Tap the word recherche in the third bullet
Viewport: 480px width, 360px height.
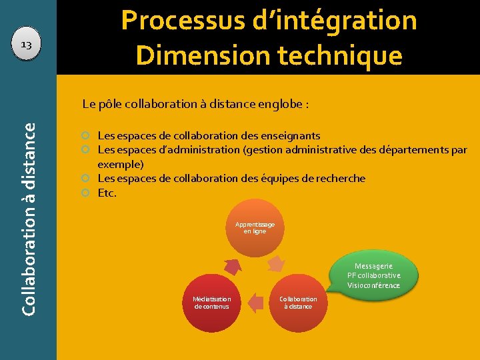click(337, 178)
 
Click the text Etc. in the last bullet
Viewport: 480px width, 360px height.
click(107, 193)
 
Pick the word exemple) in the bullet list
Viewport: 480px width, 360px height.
click(121, 164)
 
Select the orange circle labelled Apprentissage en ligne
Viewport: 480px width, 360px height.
click(255, 227)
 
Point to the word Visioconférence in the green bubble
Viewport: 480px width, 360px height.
click(373, 285)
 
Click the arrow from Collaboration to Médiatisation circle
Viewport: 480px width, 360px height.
click(255, 303)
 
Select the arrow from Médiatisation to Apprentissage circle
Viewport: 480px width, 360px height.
click(232, 266)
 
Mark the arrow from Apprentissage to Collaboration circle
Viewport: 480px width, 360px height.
click(276, 264)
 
